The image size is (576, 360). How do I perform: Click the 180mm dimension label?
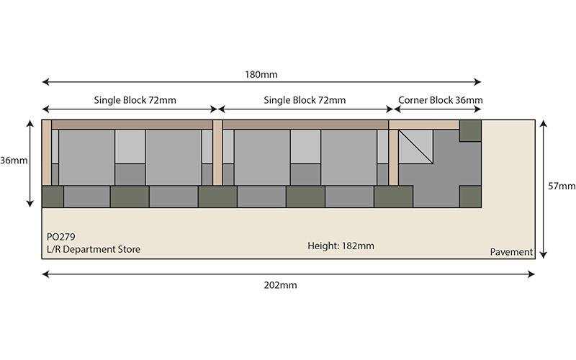[x=261, y=75]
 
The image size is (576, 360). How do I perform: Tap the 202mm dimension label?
[x=280, y=285]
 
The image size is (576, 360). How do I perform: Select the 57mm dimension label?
[x=562, y=186]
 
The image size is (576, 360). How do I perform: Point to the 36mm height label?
[x=14, y=161]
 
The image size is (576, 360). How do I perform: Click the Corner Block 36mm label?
[x=441, y=100]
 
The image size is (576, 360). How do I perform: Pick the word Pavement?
[x=511, y=252]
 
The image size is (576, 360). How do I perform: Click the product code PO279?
[x=61, y=237]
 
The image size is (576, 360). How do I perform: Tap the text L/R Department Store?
[x=94, y=249]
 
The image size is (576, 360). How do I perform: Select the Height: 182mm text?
[x=341, y=246]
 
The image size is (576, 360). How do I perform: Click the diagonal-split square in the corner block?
[x=415, y=147]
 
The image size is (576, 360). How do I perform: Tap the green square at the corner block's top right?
[x=470, y=131]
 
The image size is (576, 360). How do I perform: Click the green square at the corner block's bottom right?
[x=470, y=197]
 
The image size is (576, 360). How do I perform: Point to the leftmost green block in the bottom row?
[x=53, y=197]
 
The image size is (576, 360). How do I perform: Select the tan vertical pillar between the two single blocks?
[x=217, y=153]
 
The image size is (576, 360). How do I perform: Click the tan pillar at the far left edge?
[x=47, y=153]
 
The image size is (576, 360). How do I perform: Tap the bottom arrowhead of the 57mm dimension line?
[x=544, y=255]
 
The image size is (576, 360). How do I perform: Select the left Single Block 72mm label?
[x=135, y=100]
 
